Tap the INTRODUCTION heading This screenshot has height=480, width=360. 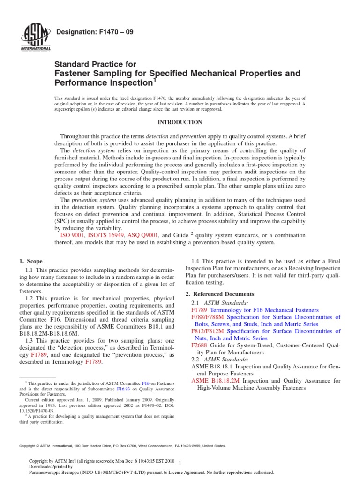(x=180, y=122)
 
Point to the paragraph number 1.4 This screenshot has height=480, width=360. (x=197, y=261)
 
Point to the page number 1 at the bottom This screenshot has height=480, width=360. (x=180, y=462)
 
